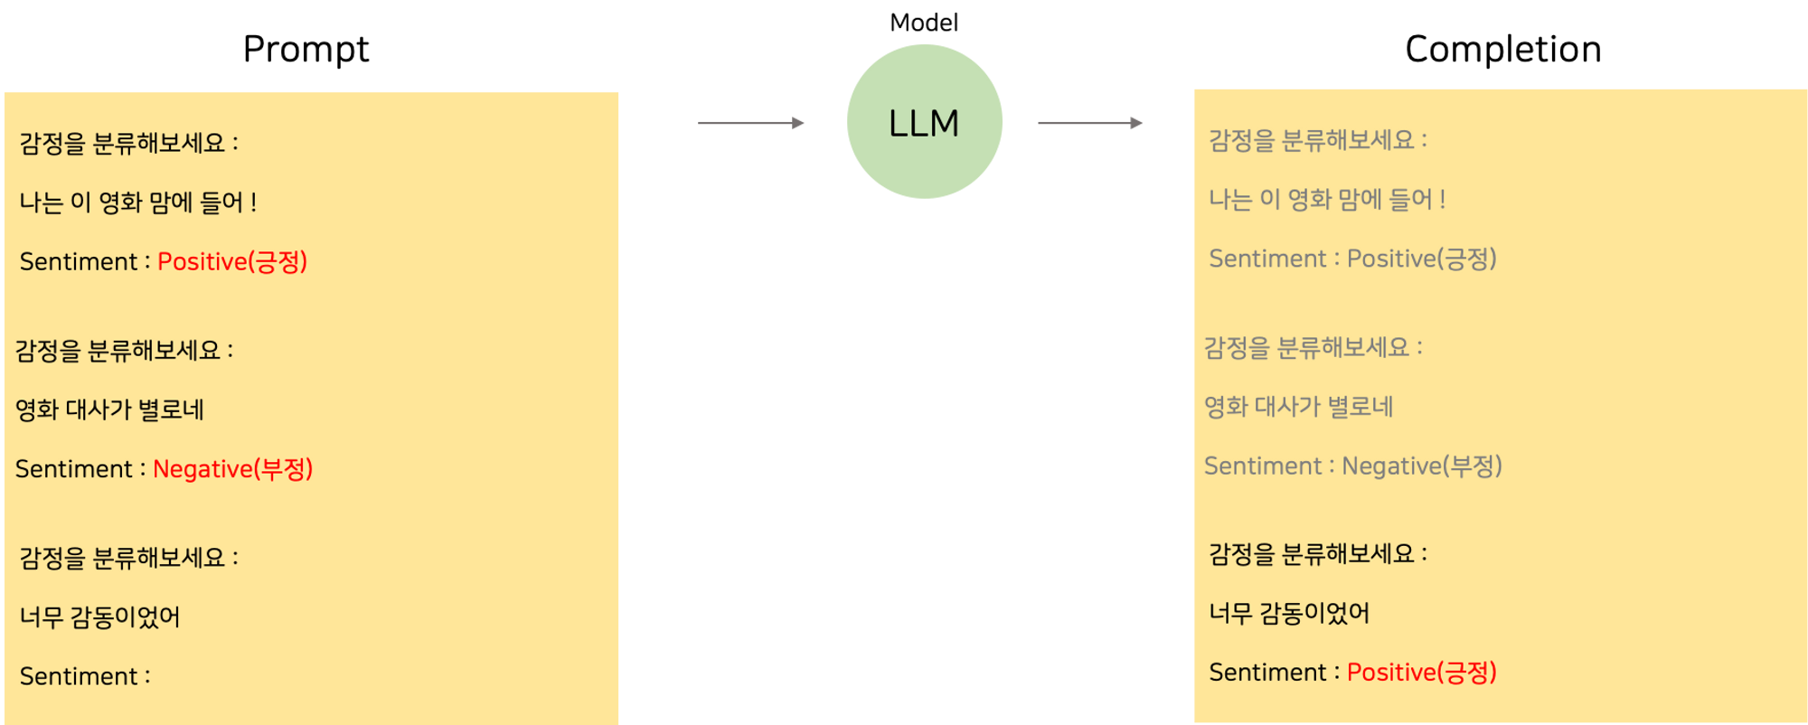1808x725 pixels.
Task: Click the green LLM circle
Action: [924, 122]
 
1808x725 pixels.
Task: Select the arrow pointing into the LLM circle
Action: [750, 122]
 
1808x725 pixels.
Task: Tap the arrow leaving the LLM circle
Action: [1090, 122]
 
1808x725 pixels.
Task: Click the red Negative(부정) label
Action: [232, 469]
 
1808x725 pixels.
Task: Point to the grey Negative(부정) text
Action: [1421, 466]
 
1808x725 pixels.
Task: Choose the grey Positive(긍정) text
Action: [1421, 259]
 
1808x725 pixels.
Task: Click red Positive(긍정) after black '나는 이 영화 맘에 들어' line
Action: [232, 262]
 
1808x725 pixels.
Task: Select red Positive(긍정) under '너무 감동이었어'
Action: [1421, 673]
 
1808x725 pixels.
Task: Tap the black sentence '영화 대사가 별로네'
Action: [109, 410]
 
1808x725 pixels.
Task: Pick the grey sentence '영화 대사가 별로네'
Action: [1298, 407]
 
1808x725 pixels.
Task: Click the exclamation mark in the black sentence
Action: [254, 202]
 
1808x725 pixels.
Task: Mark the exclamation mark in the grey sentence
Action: [1443, 200]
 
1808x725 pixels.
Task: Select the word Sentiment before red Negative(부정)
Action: [74, 469]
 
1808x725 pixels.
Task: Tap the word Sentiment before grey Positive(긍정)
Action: [1267, 259]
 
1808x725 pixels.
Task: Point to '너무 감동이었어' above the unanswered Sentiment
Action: [99, 617]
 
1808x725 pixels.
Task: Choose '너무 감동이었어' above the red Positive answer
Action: [1289, 614]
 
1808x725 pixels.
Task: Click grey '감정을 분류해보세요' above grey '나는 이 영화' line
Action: [1311, 140]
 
